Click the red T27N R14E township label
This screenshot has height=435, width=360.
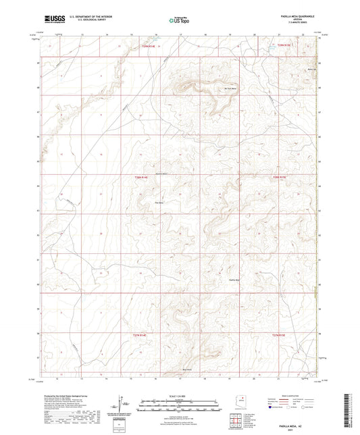(x=138, y=334)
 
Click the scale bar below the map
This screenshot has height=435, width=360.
(x=180, y=403)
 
